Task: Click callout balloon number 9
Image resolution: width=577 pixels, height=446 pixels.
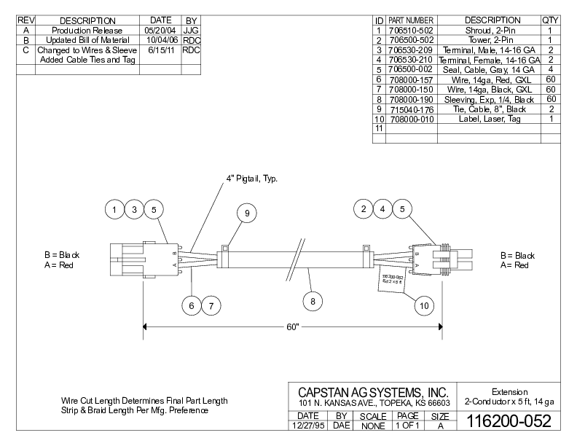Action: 247,213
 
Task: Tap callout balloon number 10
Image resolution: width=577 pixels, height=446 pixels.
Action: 423,306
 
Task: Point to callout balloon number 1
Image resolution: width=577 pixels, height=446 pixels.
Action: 114,210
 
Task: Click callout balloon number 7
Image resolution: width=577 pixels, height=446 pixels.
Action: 211,306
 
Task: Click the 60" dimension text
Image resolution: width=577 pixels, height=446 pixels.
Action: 293,328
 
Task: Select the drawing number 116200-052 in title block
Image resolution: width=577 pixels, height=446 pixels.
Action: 508,422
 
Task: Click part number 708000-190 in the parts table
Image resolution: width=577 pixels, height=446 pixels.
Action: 411,99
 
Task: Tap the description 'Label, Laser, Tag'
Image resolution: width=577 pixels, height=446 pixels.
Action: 489,119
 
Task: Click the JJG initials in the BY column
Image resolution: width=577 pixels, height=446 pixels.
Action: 192,31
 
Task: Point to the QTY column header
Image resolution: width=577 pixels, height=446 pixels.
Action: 550,20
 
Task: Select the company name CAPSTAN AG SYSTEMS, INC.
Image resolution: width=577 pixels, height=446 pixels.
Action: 372,391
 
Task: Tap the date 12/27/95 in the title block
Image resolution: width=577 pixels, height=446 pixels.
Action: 307,425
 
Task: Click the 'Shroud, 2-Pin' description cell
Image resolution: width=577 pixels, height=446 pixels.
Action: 489,31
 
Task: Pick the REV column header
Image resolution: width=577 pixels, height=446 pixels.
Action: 26,20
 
